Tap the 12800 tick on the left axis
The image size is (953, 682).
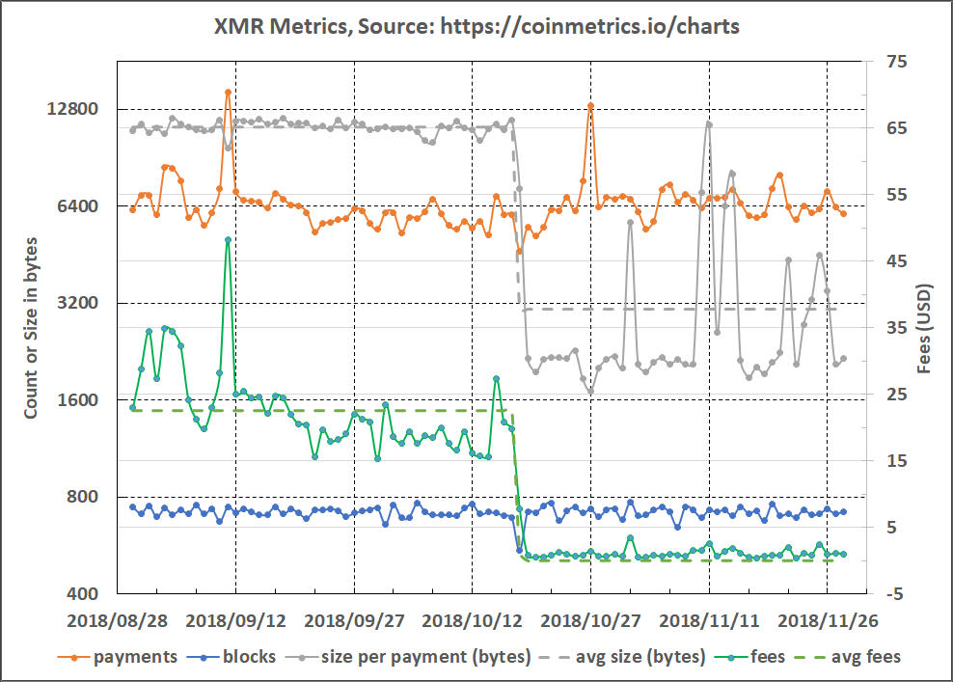[x=75, y=109]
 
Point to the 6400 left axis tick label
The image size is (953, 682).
[x=80, y=206]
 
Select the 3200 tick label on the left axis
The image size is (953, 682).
[x=80, y=303]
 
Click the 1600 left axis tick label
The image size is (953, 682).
[x=80, y=400]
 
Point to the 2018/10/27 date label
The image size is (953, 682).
[x=589, y=619]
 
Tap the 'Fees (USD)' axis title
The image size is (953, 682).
[x=924, y=328]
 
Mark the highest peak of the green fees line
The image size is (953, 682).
[x=228, y=239]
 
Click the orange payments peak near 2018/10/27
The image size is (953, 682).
[x=590, y=105]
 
